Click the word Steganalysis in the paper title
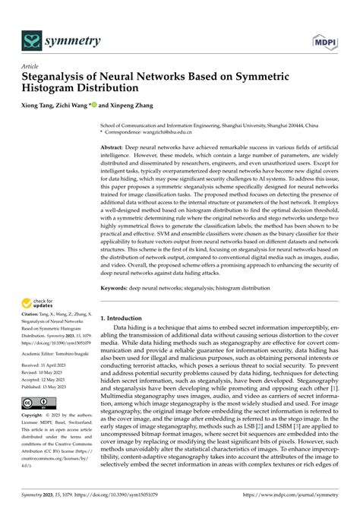(x=60, y=78)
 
